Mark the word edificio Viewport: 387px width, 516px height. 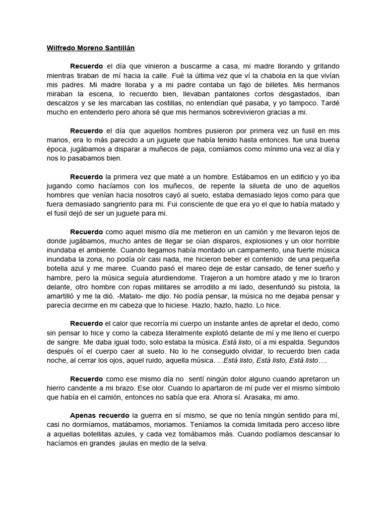306,176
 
